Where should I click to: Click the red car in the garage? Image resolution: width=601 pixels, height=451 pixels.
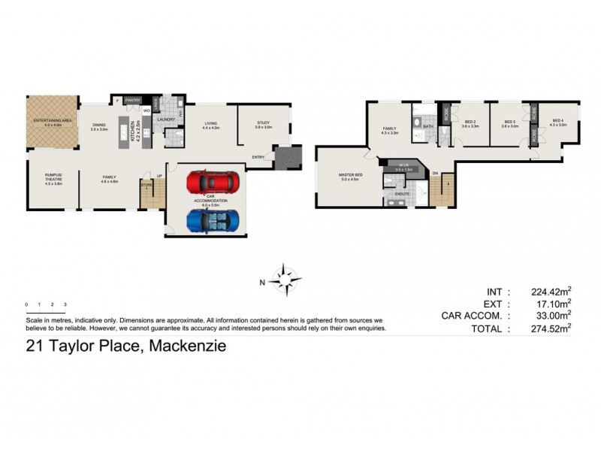click(x=213, y=183)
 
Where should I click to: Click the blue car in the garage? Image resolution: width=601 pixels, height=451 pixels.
click(x=213, y=221)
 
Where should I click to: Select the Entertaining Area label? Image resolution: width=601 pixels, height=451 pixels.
click(x=51, y=123)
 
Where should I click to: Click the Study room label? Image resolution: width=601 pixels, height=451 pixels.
click(x=262, y=125)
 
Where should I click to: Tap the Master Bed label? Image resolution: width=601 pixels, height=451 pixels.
click(x=351, y=177)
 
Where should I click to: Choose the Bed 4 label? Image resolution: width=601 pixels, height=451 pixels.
click(x=557, y=123)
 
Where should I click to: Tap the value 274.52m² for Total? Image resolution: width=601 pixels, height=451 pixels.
click(x=545, y=328)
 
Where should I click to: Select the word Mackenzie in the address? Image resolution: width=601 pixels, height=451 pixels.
click(x=188, y=347)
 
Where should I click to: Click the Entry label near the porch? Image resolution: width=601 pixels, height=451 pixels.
click(x=258, y=157)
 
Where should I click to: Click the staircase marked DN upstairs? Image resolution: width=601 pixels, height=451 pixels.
click(x=445, y=191)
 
